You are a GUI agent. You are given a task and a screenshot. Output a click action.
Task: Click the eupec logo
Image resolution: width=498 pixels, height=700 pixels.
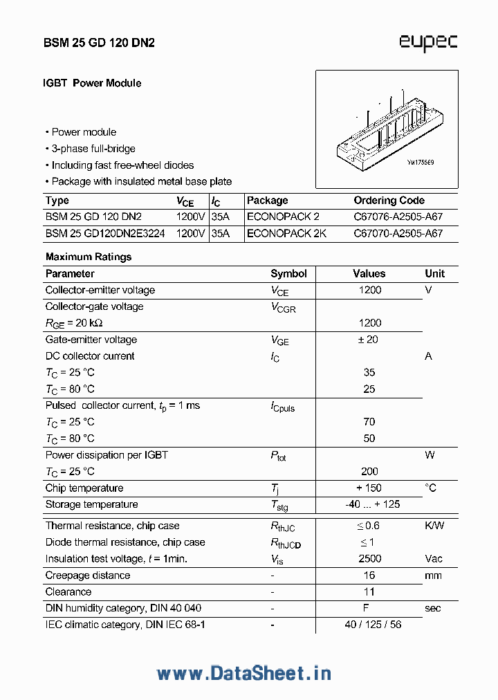(x=427, y=42)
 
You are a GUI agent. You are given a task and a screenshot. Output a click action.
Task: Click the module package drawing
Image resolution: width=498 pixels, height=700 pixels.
(x=386, y=129)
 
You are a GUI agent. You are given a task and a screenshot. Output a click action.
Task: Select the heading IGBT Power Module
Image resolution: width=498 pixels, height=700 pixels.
(x=93, y=83)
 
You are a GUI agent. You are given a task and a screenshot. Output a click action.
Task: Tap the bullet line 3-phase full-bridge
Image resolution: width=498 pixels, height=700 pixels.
(x=93, y=149)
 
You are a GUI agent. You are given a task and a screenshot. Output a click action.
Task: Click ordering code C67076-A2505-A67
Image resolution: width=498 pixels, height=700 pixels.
(x=398, y=217)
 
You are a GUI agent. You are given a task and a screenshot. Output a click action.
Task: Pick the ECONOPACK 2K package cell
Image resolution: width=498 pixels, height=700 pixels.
(x=286, y=233)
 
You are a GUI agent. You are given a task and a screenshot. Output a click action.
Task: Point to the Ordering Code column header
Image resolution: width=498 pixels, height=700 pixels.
(x=389, y=201)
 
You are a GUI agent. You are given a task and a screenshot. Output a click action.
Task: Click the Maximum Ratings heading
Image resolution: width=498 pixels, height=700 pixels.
(x=89, y=257)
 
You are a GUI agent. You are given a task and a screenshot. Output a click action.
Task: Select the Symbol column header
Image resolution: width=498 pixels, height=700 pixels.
(x=288, y=273)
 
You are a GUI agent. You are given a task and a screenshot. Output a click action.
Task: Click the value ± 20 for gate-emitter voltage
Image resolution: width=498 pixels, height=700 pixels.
(x=369, y=340)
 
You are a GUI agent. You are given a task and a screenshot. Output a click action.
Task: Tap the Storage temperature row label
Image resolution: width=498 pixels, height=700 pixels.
(x=91, y=504)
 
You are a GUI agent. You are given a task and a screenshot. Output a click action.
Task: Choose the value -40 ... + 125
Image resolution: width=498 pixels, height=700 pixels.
(x=372, y=504)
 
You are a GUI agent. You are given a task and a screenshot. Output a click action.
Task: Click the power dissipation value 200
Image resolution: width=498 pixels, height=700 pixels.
(x=369, y=471)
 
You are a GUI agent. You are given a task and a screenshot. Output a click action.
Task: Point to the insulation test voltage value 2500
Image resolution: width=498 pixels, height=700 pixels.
(x=369, y=558)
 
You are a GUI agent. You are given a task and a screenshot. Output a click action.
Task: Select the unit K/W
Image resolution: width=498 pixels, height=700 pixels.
(x=434, y=526)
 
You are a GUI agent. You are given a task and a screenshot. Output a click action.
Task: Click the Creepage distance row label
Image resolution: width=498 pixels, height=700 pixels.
(x=87, y=575)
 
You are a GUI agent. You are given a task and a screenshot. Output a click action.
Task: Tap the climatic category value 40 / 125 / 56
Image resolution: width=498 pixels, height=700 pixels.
(x=372, y=625)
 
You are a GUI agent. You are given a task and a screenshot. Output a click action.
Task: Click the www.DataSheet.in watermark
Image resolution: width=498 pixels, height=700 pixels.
(x=243, y=672)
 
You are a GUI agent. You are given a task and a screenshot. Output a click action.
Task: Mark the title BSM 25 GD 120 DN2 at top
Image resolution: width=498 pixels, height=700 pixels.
(x=99, y=43)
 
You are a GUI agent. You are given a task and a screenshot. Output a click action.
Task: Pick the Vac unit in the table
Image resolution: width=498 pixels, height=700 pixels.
(x=434, y=558)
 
